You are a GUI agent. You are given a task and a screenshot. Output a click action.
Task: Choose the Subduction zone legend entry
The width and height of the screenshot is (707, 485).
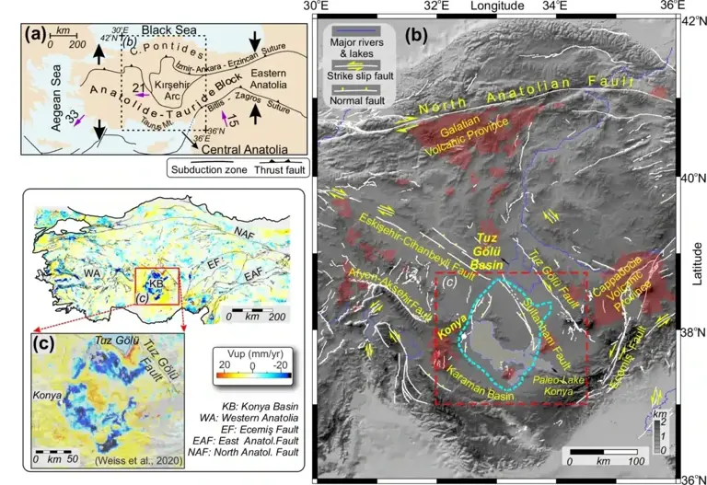[x=205, y=168]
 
